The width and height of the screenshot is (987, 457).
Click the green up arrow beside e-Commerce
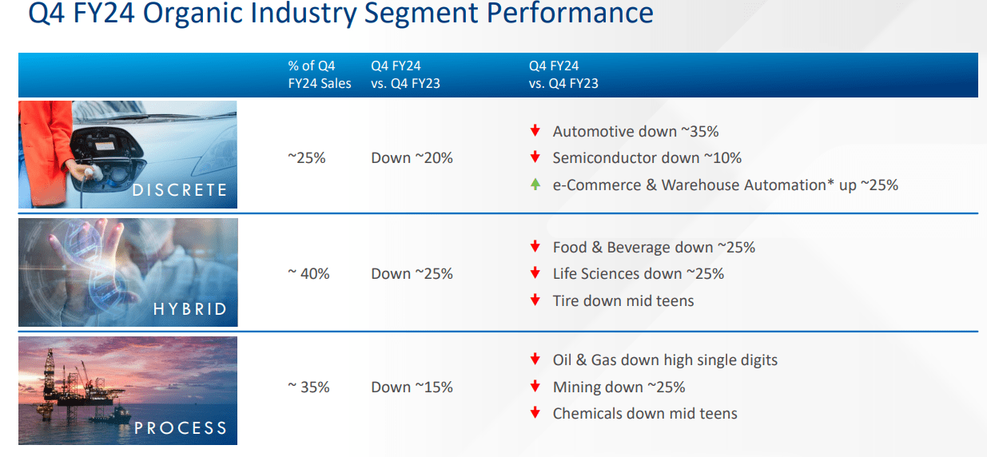click(535, 185)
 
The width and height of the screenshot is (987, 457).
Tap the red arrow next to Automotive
click(535, 131)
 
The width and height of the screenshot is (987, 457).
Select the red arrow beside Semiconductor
click(535, 158)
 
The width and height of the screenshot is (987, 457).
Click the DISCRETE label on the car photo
click(180, 190)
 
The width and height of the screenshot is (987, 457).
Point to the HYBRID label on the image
click(190, 309)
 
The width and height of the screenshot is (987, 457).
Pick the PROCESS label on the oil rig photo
click(181, 428)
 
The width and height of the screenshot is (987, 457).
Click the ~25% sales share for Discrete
click(307, 158)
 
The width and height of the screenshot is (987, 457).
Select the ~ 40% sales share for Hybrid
click(308, 274)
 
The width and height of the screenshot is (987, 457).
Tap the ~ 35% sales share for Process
click(308, 387)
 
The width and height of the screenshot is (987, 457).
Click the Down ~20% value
click(412, 158)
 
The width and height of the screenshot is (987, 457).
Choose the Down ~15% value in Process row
click(412, 387)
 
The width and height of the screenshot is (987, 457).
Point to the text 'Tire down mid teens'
click(623, 301)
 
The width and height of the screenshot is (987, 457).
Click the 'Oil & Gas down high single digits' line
click(665, 360)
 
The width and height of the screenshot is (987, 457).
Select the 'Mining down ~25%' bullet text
click(619, 387)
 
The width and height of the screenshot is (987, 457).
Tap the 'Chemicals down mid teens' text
click(645, 414)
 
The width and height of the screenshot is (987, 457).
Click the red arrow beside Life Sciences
click(535, 274)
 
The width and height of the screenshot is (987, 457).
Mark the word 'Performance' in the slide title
click(571, 14)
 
